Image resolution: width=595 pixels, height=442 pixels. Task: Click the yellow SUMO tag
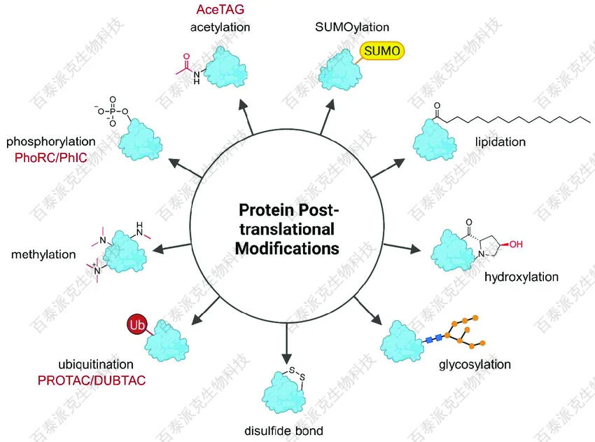pyautogui.click(x=382, y=51)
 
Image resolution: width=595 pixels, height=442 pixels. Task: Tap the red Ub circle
pyautogui.click(x=137, y=324)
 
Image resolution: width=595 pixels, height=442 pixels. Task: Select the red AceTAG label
pyautogui.click(x=220, y=10)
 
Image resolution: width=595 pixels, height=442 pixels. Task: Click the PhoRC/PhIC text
pyautogui.click(x=51, y=158)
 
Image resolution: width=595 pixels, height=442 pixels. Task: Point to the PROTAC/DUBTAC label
pyautogui.click(x=92, y=380)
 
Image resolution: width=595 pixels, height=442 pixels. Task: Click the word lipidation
pyautogui.click(x=500, y=142)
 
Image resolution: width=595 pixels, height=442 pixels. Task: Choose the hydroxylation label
pyautogui.click(x=521, y=277)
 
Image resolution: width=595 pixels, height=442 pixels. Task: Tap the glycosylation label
pyautogui.click(x=475, y=364)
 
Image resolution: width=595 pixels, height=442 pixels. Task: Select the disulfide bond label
pyautogui.click(x=283, y=431)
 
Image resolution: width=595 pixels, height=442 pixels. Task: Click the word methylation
pyautogui.click(x=43, y=254)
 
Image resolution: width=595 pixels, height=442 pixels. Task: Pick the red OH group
pyautogui.click(x=516, y=244)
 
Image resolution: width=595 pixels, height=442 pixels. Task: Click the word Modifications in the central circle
pyautogui.click(x=287, y=249)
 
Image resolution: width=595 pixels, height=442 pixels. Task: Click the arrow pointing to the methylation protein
pyautogui.click(x=171, y=247)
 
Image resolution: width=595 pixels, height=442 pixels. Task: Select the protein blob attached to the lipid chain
pyautogui.click(x=435, y=141)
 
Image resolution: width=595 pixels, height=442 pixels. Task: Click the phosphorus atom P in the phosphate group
pyautogui.click(x=112, y=111)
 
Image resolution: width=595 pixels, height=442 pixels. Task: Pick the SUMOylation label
pyautogui.click(x=352, y=27)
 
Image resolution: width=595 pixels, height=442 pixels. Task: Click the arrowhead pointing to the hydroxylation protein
pyautogui.click(x=416, y=249)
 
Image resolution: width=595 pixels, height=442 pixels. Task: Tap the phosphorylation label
pyautogui.click(x=51, y=141)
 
